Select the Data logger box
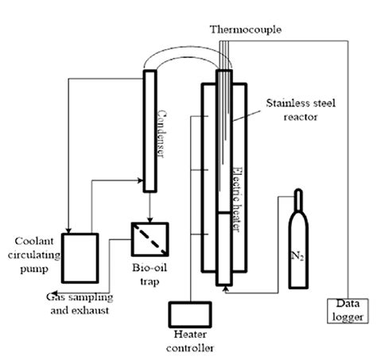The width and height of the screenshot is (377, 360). coord(343,312)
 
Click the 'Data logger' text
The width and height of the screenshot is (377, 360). coord(343,312)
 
